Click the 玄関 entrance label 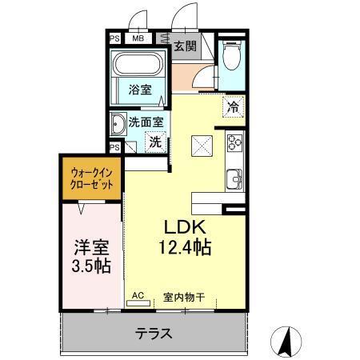pyautogui.click(x=185, y=46)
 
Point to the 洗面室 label pyautogui.click(x=146, y=122)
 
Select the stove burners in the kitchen pyautogui.click(x=234, y=144)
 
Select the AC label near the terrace pyautogui.click(x=138, y=296)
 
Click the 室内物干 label pyautogui.click(x=184, y=297)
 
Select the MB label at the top pyautogui.click(x=138, y=38)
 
